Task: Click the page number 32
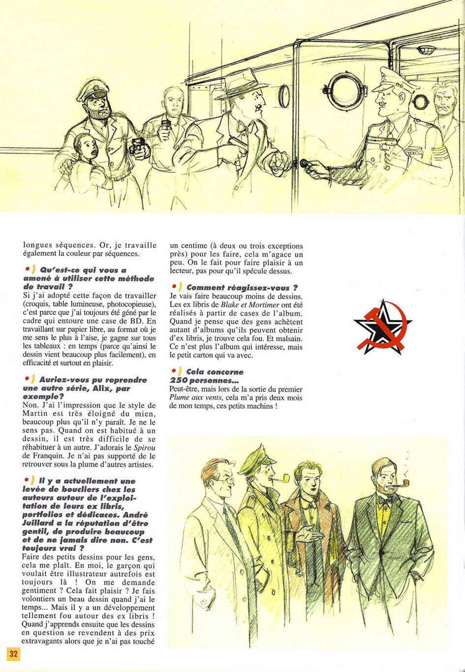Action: coord(13,653)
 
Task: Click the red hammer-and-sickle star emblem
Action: coord(382,326)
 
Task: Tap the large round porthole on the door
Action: coord(347,91)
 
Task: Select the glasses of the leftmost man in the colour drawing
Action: coord(222,480)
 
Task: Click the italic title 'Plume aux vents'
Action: coord(194,397)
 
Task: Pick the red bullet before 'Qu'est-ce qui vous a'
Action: coord(27,269)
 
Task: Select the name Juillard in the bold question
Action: coord(38,523)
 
